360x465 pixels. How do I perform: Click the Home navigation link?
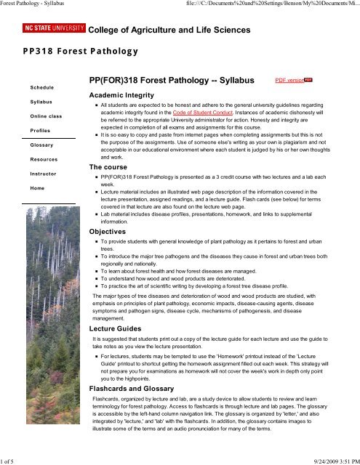pyautogui.click(x=36, y=188)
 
